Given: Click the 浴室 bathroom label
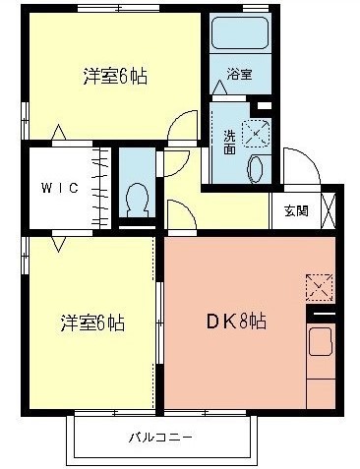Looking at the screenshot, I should pyautogui.click(x=238, y=73).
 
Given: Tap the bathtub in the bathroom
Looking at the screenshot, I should pyautogui.click(x=240, y=39).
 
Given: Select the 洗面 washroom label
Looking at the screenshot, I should pyautogui.click(x=229, y=142).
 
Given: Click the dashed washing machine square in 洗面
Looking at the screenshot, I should pyautogui.click(x=255, y=131).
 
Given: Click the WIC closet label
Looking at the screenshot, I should pyautogui.click(x=57, y=187).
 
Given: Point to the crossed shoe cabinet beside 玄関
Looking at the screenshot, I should pyautogui.click(x=329, y=211).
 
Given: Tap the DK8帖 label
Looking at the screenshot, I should pyautogui.click(x=236, y=320).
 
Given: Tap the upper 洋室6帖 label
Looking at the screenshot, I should pyautogui.click(x=115, y=74).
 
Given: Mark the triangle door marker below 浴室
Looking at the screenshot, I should pyautogui.click(x=217, y=88).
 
